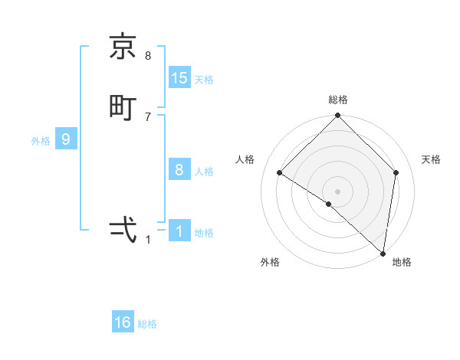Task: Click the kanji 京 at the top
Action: point(123,47)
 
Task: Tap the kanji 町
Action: point(123,106)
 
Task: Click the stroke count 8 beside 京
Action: point(148,56)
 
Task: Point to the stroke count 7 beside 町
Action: point(148,116)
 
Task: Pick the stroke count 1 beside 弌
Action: point(148,240)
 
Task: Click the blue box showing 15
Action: point(179,77)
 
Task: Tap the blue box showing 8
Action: point(179,169)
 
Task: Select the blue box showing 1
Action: point(179,231)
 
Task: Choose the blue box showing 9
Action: point(66,139)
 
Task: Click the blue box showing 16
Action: point(123,322)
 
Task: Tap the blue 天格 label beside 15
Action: point(204,80)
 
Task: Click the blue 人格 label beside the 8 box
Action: point(204,172)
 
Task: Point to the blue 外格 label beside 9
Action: point(41,141)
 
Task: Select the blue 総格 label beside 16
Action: point(147,325)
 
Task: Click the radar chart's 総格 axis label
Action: point(338,100)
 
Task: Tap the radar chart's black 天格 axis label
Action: point(432,159)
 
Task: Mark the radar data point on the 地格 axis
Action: point(383,253)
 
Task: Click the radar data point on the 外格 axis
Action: point(329,204)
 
